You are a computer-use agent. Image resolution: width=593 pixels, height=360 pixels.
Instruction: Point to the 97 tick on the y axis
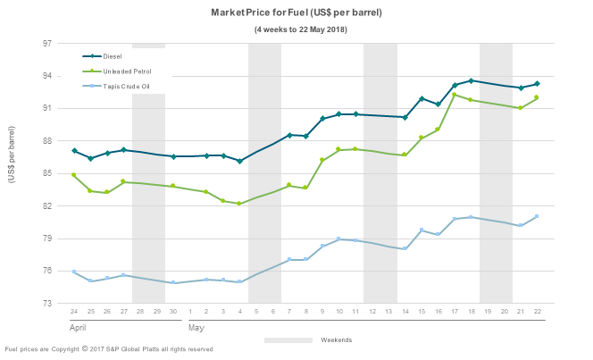click(47, 43)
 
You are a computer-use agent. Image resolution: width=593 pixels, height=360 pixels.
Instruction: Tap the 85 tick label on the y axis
click(47, 173)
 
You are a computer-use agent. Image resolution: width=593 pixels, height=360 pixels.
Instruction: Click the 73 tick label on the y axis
click(47, 304)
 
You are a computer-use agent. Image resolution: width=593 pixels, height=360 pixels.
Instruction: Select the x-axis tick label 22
click(537, 312)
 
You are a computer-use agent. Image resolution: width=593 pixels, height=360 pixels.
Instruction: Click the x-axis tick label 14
click(405, 312)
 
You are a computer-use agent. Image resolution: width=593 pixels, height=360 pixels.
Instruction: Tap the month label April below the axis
click(79, 327)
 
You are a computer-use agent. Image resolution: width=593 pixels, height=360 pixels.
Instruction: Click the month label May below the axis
click(196, 327)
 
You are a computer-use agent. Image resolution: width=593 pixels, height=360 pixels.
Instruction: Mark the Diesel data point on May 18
click(471, 80)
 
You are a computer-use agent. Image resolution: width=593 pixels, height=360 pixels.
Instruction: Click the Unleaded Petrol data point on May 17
click(455, 95)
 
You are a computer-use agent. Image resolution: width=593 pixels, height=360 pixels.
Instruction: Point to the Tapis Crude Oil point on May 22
click(537, 216)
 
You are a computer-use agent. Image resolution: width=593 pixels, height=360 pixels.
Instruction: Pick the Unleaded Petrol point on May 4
click(239, 204)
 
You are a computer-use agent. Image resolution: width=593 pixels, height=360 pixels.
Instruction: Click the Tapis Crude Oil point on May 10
click(338, 239)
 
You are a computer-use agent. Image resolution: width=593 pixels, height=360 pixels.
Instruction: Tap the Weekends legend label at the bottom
click(336, 340)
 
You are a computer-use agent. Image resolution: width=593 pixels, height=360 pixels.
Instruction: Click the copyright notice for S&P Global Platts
click(108, 349)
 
